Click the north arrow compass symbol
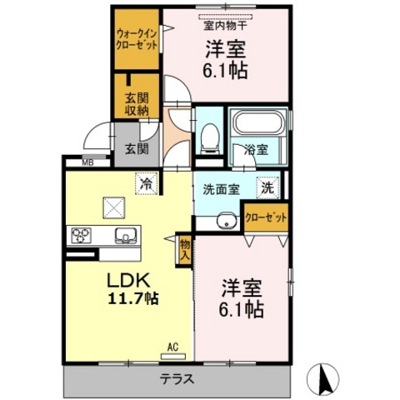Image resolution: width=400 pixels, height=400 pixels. [x=323, y=378]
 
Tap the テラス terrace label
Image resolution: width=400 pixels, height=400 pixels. [x=177, y=379]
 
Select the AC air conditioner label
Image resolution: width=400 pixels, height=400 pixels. [x=172, y=347]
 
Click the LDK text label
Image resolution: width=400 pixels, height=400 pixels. [x=129, y=280]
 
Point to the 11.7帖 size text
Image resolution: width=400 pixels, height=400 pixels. [x=133, y=299]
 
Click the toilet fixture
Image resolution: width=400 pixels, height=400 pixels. [x=209, y=138]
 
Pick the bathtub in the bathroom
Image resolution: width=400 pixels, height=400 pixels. [x=258, y=122]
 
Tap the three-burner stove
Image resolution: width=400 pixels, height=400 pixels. [x=81, y=236]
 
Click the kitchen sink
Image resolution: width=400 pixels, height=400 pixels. [x=126, y=235]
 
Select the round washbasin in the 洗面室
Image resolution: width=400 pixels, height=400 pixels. [x=227, y=221]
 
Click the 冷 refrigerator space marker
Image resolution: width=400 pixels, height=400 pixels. [x=146, y=184]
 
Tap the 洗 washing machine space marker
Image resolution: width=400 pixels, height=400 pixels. [x=267, y=188]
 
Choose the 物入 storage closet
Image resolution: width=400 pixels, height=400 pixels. [x=184, y=250]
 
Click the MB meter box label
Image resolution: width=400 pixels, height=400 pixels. [x=87, y=162]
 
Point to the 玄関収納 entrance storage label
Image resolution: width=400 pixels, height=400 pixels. [x=137, y=104]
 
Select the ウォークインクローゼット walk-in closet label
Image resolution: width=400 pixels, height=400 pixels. [x=137, y=40]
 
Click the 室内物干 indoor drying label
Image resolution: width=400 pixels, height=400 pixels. [x=225, y=26]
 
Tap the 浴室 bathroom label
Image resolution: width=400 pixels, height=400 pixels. [x=256, y=150]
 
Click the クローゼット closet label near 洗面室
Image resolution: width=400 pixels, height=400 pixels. [x=266, y=217]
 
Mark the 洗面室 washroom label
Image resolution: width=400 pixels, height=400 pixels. [x=221, y=189]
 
